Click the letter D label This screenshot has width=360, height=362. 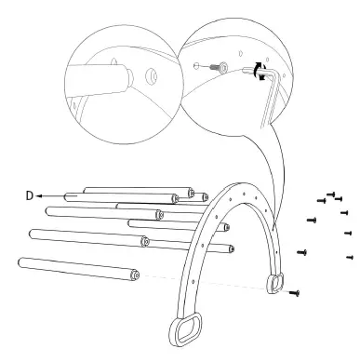coord(29,195)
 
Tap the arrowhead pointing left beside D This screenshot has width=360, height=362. coord(39,196)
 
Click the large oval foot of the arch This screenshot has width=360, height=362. coord(185,328)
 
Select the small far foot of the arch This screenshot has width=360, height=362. coord(273,283)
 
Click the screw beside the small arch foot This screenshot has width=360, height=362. coord(294,292)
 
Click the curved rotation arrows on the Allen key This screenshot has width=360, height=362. coord(260,71)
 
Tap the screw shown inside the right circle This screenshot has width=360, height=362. coord(219,66)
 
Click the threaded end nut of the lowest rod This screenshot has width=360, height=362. coord(135,275)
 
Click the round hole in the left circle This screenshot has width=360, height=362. coord(152,75)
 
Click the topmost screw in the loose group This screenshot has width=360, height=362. coord(331,194)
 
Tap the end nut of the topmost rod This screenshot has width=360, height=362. coord(192,193)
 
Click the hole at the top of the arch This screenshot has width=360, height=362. coord(244,194)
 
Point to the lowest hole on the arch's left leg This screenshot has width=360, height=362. coord(193,282)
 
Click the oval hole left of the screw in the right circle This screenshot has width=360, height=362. coord(196,66)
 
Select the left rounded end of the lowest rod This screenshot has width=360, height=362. coord(21,262)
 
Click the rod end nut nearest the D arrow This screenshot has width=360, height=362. coord(175,198)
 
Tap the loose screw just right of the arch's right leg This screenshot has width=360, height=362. coord(302,252)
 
